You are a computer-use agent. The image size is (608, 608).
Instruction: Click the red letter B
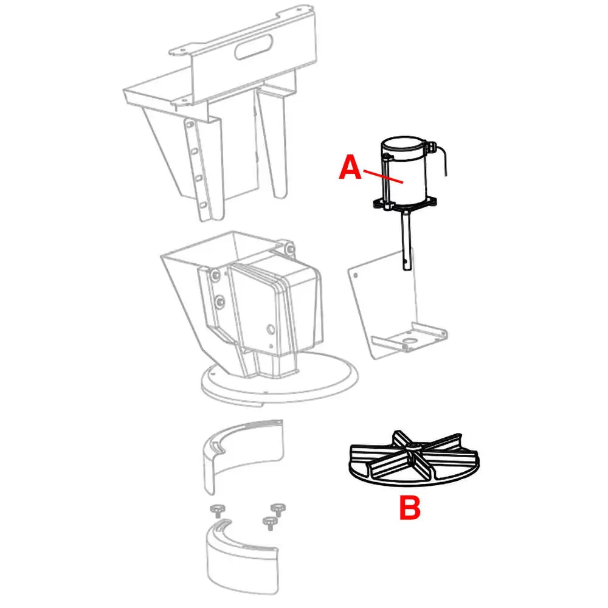410,508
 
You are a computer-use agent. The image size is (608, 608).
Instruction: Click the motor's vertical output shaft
406,240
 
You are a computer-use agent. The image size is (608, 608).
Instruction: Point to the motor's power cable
442,159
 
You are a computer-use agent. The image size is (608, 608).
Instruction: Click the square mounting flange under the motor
405,204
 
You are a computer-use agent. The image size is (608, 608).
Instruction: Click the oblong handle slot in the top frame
254,47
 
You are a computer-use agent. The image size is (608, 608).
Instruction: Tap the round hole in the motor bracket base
409,341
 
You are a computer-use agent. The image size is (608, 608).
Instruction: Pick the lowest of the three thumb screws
271,523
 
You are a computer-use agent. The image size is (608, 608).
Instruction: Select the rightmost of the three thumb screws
278,510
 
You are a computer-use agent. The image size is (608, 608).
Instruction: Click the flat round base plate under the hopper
280,379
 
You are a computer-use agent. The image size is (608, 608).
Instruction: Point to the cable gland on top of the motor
430,147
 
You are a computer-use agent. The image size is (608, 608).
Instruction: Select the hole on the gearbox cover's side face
271,330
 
